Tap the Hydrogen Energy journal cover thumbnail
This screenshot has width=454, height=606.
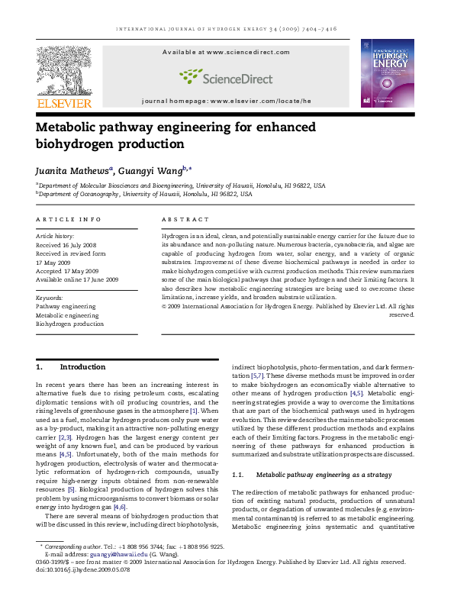tap(387, 73)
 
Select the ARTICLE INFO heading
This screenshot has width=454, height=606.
tap(68, 220)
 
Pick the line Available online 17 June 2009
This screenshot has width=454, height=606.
tap(76, 280)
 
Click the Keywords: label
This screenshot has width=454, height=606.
tap(50, 298)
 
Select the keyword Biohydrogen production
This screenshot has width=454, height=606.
tap(69, 324)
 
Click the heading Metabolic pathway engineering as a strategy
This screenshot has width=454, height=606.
tap(324, 475)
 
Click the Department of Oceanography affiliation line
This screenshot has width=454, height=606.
tap(145, 195)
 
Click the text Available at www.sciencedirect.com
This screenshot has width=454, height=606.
tap(226, 52)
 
